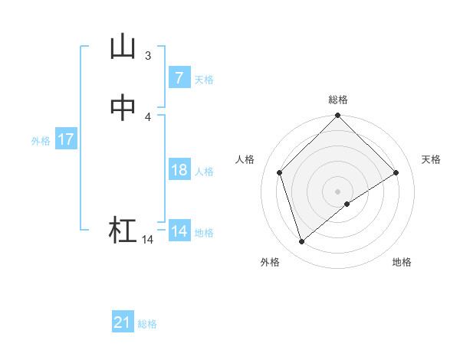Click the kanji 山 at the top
[x=123, y=47]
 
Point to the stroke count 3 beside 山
[x=148, y=55]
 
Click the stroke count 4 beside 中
[x=148, y=116]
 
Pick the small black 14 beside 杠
[x=147, y=240]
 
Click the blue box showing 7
[x=179, y=78]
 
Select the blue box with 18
[x=179, y=170]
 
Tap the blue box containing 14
[x=179, y=231]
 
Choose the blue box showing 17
[x=65, y=139]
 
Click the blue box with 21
[x=122, y=322]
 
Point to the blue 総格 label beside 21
[x=147, y=324]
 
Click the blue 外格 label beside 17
[x=41, y=141]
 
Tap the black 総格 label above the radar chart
[x=338, y=100]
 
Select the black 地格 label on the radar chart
[x=402, y=262]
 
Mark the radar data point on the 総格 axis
[x=338, y=116]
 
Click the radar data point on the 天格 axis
[x=396, y=172]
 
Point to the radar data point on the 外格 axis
[x=301, y=242]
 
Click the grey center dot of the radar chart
[x=338, y=191]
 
